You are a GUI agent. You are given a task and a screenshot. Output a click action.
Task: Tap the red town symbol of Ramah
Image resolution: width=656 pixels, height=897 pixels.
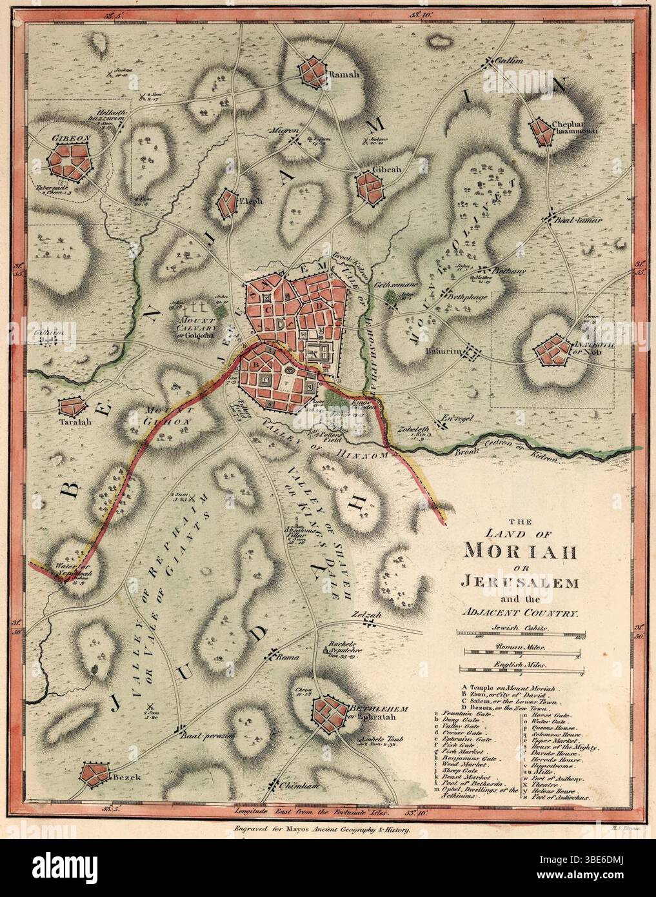[x=313, y=72]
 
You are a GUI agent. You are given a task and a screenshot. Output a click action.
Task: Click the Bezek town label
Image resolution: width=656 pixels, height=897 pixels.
[x=126, y=778]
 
